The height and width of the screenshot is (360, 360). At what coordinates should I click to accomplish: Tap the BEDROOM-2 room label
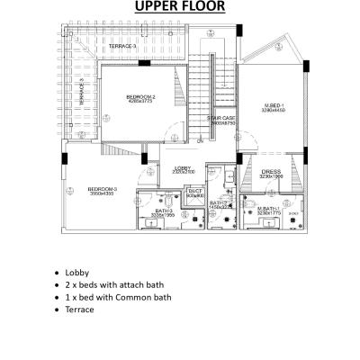(140, 96)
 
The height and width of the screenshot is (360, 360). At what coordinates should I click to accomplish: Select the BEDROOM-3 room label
(101, 188)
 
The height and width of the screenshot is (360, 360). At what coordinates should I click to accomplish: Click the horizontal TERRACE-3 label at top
(122, 45)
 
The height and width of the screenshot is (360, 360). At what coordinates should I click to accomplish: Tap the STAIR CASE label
(220, 117)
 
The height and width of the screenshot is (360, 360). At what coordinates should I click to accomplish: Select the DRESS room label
(271, 170)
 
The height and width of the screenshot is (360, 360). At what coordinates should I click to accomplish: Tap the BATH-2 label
(217, 203)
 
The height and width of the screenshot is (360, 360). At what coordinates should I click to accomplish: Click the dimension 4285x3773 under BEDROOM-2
(140, 102)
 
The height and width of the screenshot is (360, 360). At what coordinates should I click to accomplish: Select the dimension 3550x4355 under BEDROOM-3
(101, 193)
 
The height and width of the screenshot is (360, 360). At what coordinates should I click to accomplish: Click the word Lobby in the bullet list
(77, 271)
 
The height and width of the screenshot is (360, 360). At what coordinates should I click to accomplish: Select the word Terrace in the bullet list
(79, 309)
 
